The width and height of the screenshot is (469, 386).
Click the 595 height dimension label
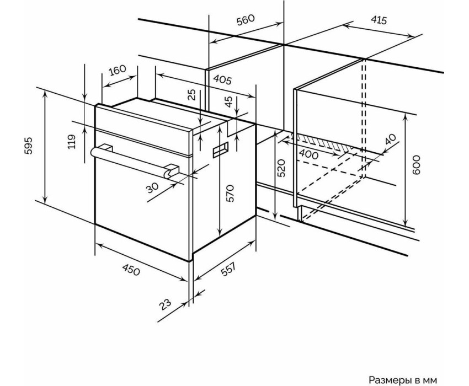point(28,146)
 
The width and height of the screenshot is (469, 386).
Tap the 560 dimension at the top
point(246,20)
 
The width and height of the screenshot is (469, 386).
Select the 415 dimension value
point(379,20)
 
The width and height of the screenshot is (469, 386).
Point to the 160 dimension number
point(117,71)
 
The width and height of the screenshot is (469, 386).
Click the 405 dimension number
point(222,79)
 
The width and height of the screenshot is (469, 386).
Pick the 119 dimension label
point(72,141)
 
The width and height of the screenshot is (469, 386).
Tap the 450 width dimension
point(131,271)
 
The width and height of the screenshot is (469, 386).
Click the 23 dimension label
point(165,304)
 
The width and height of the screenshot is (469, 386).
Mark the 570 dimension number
point(230,193)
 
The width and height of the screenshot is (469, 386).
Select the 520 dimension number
point(281,168)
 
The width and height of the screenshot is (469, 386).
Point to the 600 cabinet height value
point(416,165)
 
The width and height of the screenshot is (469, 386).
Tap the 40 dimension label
point(390,139)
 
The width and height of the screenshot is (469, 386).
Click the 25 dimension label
point(193,94)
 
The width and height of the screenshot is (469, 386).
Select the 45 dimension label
point(228,101)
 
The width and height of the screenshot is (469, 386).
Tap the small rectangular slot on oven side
point(221,150)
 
